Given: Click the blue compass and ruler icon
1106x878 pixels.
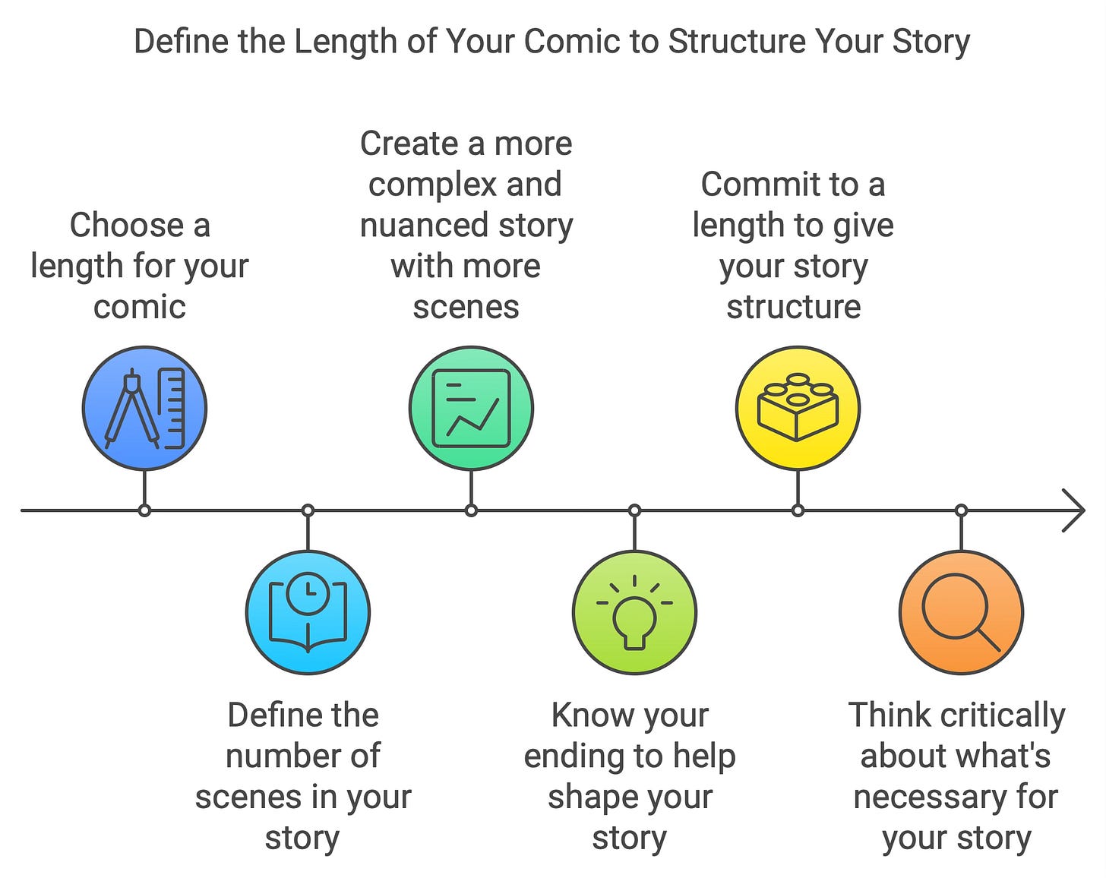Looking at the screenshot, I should [x=144, y=409].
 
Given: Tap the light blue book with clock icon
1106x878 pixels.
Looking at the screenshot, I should [x=308, y=613].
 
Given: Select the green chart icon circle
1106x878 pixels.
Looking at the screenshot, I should [x=471, y=409].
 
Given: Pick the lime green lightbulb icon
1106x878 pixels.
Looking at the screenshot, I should [x=634, y=613].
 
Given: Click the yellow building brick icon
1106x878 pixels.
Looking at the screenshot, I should [x=798, y=409].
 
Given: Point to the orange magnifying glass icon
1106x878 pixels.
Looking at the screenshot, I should [x=961, y=613].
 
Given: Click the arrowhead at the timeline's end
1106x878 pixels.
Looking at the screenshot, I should [x=1074, y=510].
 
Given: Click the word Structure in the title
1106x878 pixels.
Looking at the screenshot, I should [x=737, y=42].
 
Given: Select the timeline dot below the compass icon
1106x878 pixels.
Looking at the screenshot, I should [x=144, y=510].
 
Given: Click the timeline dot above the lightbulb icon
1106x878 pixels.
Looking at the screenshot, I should [x=634, y=510].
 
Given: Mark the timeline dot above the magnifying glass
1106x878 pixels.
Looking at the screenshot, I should [x=961, y=510].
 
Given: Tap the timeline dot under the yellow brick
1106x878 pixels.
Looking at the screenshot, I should [x=798, y=510].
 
